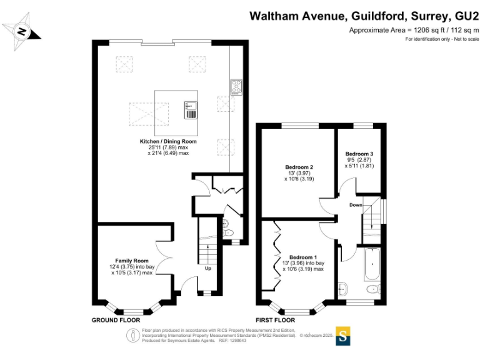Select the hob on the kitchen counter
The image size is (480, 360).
point(236,87)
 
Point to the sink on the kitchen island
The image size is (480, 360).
point(190,111)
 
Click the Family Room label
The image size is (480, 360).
point(131,260)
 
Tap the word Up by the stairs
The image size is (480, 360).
point(207,269)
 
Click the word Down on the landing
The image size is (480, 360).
point(355,204)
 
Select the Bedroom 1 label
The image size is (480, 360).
point(303,257)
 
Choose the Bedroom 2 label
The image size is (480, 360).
point(299,167)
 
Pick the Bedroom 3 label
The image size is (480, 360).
point(359,154)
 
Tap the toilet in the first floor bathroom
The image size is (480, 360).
point(373,289)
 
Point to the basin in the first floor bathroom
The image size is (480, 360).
point(342,289)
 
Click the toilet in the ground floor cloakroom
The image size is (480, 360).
point(228,233)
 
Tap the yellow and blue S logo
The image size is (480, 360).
point(343,336)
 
